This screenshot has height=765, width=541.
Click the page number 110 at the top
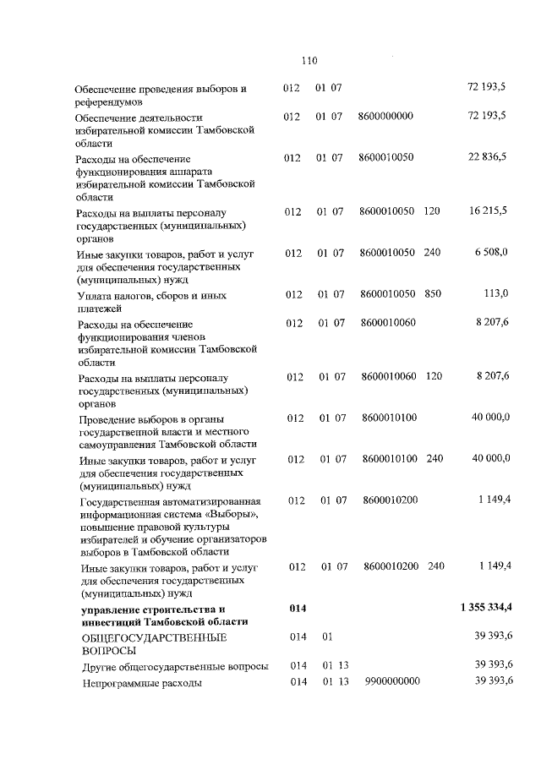point(308,60)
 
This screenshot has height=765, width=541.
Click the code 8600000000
point(385,115)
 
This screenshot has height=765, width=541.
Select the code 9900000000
point(392,681)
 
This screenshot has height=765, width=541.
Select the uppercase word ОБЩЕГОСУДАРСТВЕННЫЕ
point(141,637)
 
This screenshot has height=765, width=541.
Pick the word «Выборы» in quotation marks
point(238,514)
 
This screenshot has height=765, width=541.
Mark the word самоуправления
point(122,445)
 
